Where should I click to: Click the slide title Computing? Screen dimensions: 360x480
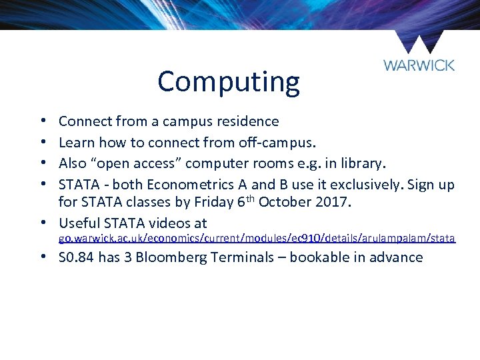[229, 82]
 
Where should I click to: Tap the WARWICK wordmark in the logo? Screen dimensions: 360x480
[419, 65]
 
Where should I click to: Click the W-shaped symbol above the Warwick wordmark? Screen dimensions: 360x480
[419, 41]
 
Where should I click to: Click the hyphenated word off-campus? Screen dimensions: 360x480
[298, 142]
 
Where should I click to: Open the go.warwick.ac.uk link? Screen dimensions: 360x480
[257, 239]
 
